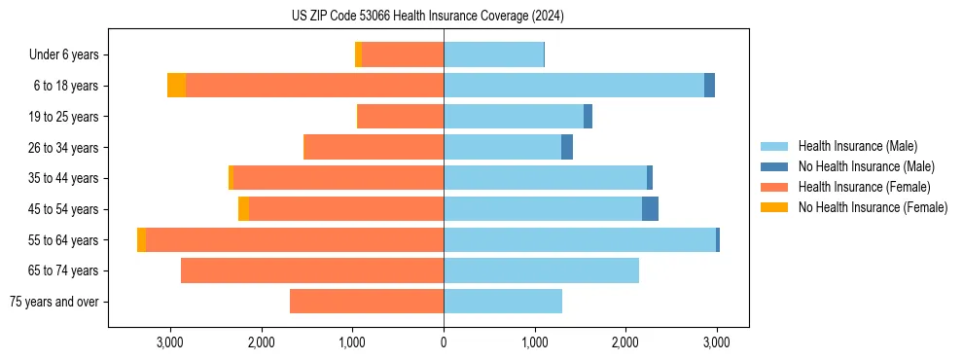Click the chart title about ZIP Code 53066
pyautogui.click(x=428, y=16)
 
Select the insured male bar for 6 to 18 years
pyautogui.click(x=574, y=86)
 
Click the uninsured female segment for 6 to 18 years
pyautogui.click(x=176, y=86)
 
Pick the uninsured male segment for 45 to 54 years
pyautogui.click(x=650, y=209)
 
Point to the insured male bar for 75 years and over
pyautogui.click(x=503, y=302)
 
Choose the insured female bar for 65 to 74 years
pyautogui.click(x=312, y=270)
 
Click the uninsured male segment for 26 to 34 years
pyautogui.click(x=567, y=147)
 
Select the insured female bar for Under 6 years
pyautogui.click(x=403, y=54)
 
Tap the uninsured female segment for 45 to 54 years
pyautogui.click(x=243, y=209)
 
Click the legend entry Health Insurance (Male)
pyautogui.click(x=857, y=146)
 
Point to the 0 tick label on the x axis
pyautogui.click(x=444, y=342)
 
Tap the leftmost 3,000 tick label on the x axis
pyautogui.click(x=170, y=342)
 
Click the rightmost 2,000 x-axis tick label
pyautogui.click(x=625, y=342)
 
